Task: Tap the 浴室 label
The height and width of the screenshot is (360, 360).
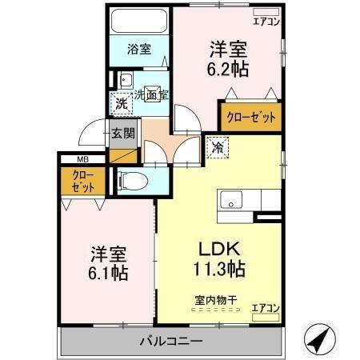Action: pos(138,49)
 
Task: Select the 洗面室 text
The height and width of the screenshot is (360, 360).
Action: pos(150,94)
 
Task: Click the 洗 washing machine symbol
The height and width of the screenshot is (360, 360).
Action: pos(121,103)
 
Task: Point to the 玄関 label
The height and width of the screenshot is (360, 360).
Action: pos(122,133)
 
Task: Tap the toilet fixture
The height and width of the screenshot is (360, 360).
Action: pos(131,181)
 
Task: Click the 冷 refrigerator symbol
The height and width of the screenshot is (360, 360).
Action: pos(218,147)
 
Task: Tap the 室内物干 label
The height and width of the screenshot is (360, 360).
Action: pos(215,301)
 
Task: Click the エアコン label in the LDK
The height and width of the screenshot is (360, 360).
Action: pos(266,306)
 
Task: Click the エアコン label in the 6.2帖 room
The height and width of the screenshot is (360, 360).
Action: pos(266,22)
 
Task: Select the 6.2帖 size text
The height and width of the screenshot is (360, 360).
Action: pos(230,68)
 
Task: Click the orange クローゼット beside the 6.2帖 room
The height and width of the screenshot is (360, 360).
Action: pos(253,117)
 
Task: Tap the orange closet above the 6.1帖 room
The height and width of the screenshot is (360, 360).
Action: pos(83,182)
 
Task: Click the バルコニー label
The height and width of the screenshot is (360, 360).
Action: pos(171,342)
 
